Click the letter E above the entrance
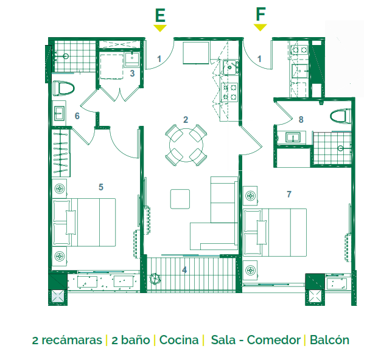[160, 15]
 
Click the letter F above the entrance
[260, 14]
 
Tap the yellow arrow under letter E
[160, 28]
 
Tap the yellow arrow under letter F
[260, 27]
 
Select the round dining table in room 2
[186, 145]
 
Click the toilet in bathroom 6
[63, 88]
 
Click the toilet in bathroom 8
[340, 116]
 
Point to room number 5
[101, 187]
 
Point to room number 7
[288, 194]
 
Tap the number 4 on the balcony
[184, 270]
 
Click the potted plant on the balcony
[155, 278]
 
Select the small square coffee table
[180, 199]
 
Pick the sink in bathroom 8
[293, 137]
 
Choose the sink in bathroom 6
[59, 113]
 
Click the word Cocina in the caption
[179, 340]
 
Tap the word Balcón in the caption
[329, 340]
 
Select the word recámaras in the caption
[72, 340]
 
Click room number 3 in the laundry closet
[132, 74]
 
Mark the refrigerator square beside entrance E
[196, 53]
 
